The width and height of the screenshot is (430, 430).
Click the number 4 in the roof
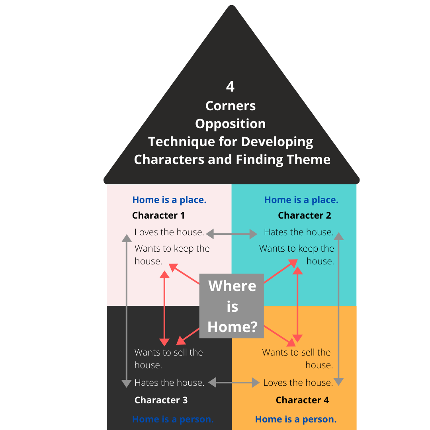(x=230, y=86)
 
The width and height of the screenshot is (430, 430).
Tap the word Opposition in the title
(x=230, y=123)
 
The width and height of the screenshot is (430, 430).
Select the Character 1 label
(x=158, y=215)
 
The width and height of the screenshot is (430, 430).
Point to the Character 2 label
(x=305, y=215)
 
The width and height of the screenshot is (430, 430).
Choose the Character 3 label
(x=161, y=400)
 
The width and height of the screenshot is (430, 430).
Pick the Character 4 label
(x=303, y=400)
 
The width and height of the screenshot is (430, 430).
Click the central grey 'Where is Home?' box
(x=232, y=306)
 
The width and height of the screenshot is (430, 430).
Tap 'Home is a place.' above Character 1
(x=169, y=200)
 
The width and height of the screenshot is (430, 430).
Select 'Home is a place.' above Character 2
(x=301, y=200)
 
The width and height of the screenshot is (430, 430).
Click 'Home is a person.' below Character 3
(x=173, y=419)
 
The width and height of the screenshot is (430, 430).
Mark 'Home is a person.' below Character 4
(x=296, y=419)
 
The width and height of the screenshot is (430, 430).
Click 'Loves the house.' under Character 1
(x=169, y=232)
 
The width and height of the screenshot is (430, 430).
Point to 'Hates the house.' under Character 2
(x=299, y=232)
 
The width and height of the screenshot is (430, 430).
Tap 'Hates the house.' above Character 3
(x=169, y=383)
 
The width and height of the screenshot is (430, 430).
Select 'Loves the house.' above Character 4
(x=298, y=383)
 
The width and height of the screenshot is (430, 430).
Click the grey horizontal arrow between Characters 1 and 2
(x=232, y=234)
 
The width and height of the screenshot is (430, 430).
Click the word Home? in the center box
(x=233, y=327)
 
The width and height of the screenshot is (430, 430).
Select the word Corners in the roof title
(x=230, y=106)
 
